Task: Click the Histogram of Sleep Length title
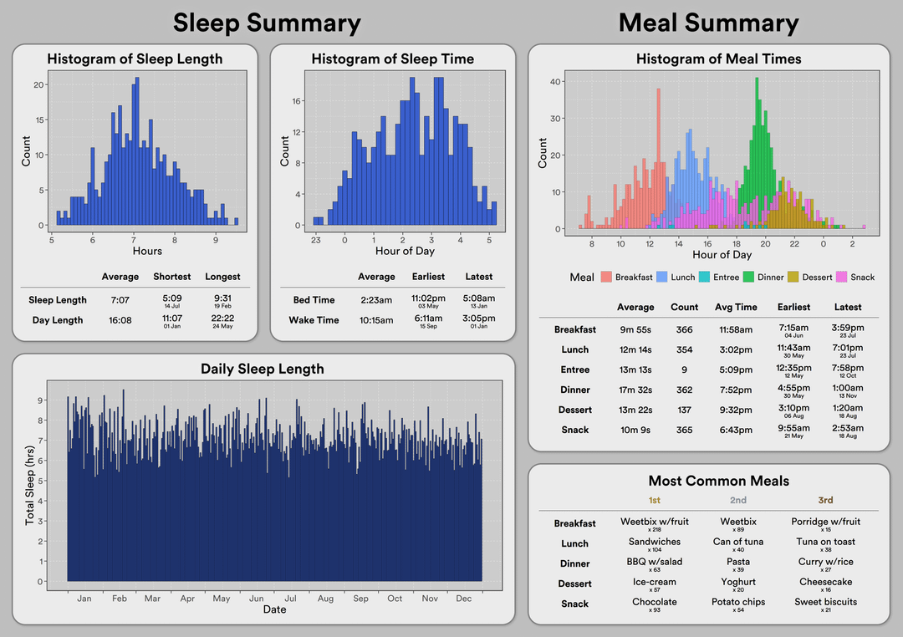point(135,59)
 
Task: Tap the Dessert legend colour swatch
point(794,277)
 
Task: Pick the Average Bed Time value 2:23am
point(376,298)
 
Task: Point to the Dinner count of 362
point(684,390)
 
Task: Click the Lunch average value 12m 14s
point(635,349)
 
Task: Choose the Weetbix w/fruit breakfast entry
point(655,522)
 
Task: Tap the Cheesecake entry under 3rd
point(825,582)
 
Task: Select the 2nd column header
point(737,501)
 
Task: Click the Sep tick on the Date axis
point(360,599)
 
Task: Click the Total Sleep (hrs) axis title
point(30,485)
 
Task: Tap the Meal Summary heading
point(708,23)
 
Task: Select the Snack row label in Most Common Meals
point(574,604)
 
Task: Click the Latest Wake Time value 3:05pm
point(479,318)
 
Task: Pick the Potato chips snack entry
point(738,602)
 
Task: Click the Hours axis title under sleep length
point(147,252)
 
